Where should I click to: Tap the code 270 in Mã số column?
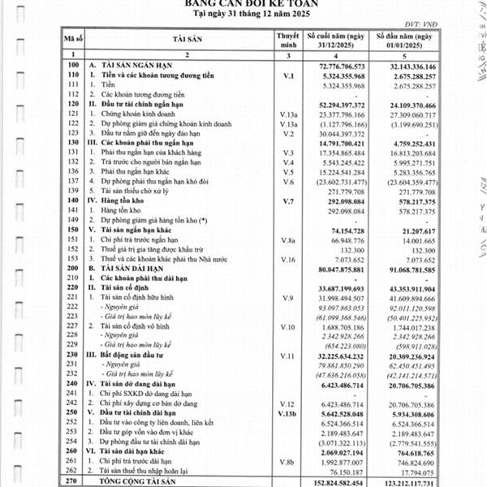[x=75, y=481]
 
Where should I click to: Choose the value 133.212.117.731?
[x=407, y=481]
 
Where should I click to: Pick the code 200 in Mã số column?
[x=75, y=266]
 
